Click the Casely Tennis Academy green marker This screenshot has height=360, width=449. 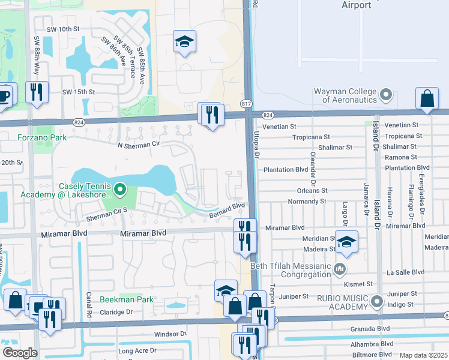tap(119, 190)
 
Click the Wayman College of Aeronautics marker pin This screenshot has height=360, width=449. tap(386, 95)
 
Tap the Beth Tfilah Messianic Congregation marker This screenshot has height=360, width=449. tap(340, 268)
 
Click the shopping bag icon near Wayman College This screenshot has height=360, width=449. tap(426, 99)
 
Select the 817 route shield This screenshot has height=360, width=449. tap(247, 104)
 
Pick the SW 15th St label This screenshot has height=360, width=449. tap(79, 92)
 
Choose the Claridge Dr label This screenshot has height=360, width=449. tap(116, 312)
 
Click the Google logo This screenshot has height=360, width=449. tap(20, 353)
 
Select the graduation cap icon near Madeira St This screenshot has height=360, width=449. tap(346, 242)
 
